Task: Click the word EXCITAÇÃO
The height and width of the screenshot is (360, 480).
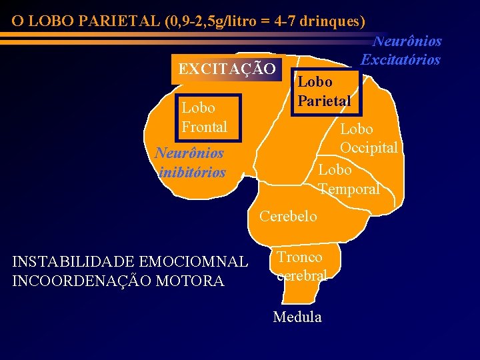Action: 227,69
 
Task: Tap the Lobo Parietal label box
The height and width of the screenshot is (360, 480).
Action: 324,92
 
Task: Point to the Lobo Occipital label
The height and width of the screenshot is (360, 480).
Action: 369,138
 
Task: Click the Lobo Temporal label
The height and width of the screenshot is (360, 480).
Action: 349,179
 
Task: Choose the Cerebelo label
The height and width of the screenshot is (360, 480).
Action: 288,217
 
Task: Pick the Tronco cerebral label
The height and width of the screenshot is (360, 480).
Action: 301,266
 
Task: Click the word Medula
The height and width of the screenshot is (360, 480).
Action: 297,317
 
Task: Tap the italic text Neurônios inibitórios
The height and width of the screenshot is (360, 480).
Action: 190,163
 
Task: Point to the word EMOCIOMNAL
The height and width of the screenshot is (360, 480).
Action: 206,263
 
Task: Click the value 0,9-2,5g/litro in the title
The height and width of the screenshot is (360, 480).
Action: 209,21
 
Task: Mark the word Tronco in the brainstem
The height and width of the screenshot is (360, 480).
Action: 300,257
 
